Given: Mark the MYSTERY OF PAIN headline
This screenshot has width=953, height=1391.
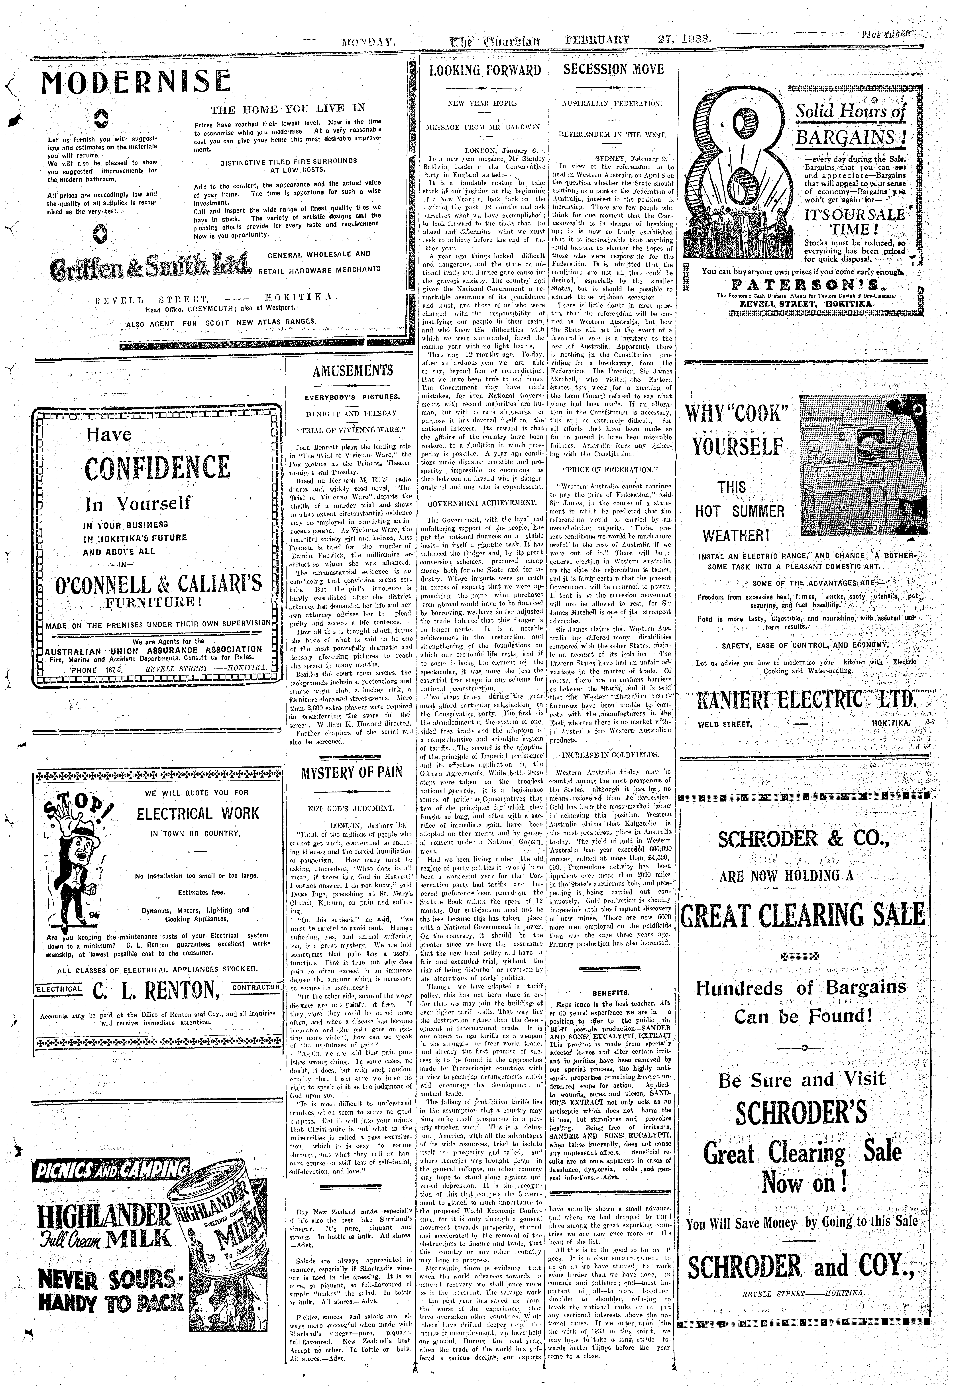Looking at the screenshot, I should tap(352, 772).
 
